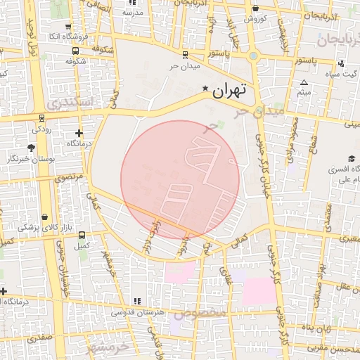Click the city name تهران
point(230,89)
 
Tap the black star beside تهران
point(205,89)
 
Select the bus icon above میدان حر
point(185,54)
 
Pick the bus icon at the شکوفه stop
point(75,51)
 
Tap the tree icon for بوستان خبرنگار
point(31,148)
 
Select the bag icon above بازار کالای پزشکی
point(46,217)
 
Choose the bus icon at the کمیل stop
point(82,236)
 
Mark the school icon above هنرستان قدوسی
point(136,300)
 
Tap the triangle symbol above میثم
point(304,82)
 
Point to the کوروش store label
point(254,18)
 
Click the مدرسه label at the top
point(132,13)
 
